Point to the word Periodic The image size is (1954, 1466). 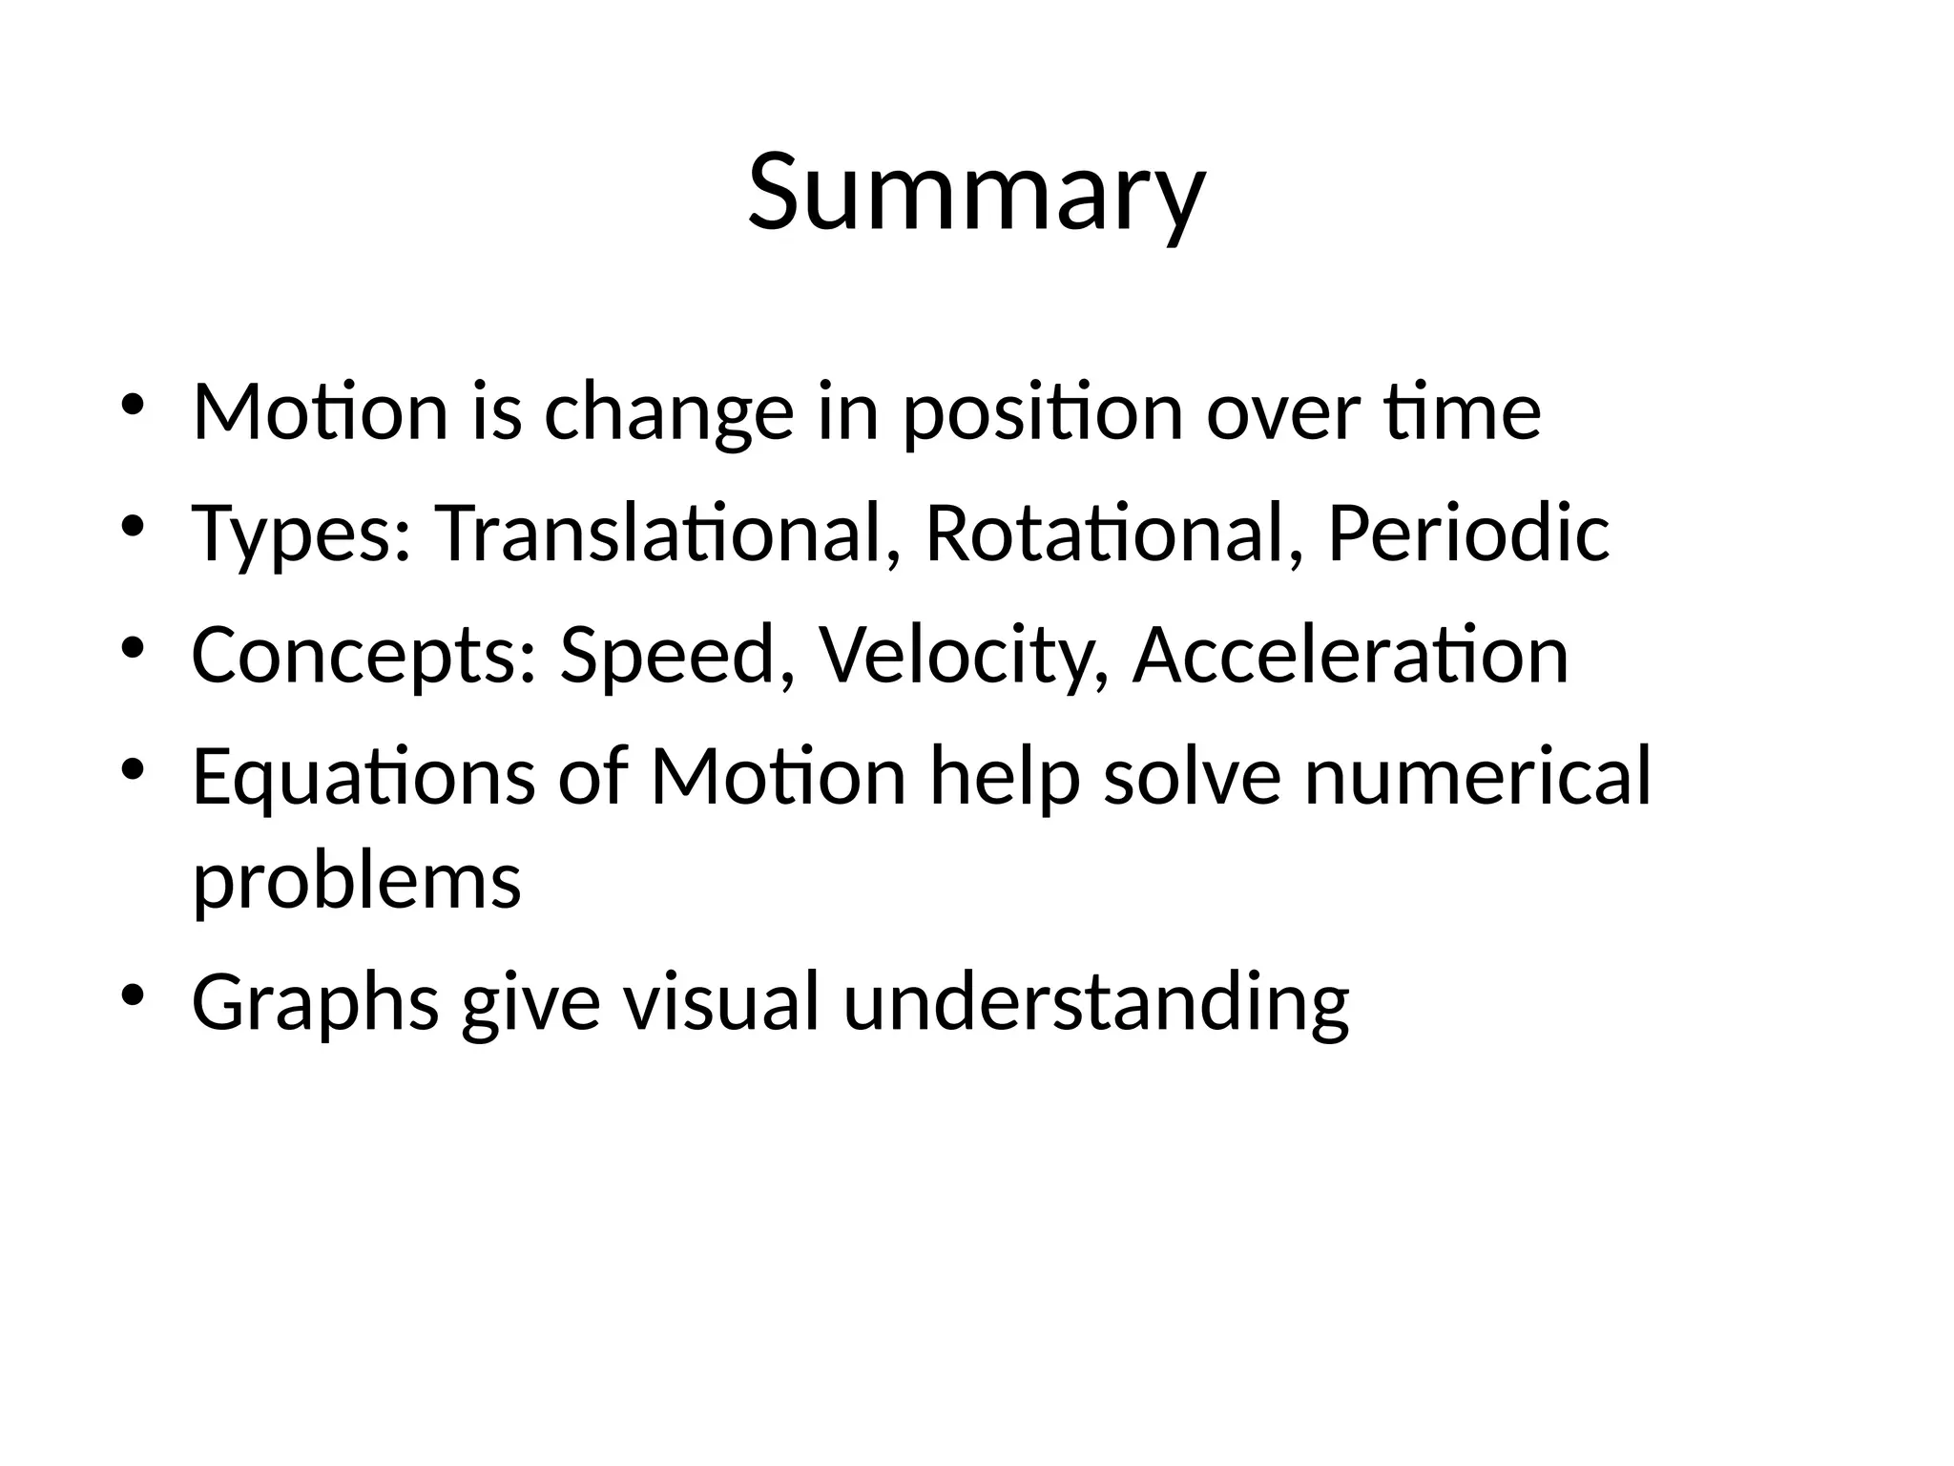[1468, 533]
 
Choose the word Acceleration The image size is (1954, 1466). [1350, 656]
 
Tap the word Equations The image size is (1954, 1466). [364, 778]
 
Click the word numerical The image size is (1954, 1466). [1477, 778]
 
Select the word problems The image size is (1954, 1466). [357, 880]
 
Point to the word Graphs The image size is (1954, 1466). [316, 1002]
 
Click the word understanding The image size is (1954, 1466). [1096, 1002]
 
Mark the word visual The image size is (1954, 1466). [721, 1002]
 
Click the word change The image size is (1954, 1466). [669, 412]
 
